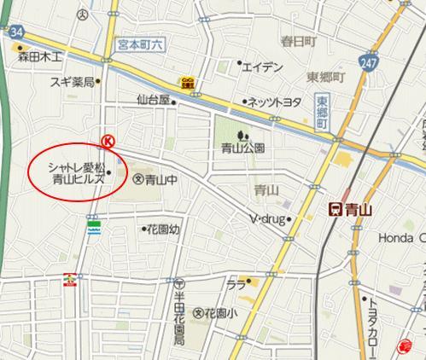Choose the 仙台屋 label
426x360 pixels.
click(154, 100)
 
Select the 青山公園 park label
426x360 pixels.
click(243, 147)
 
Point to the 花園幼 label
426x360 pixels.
click(163, 229)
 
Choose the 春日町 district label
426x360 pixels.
click(299, 40)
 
